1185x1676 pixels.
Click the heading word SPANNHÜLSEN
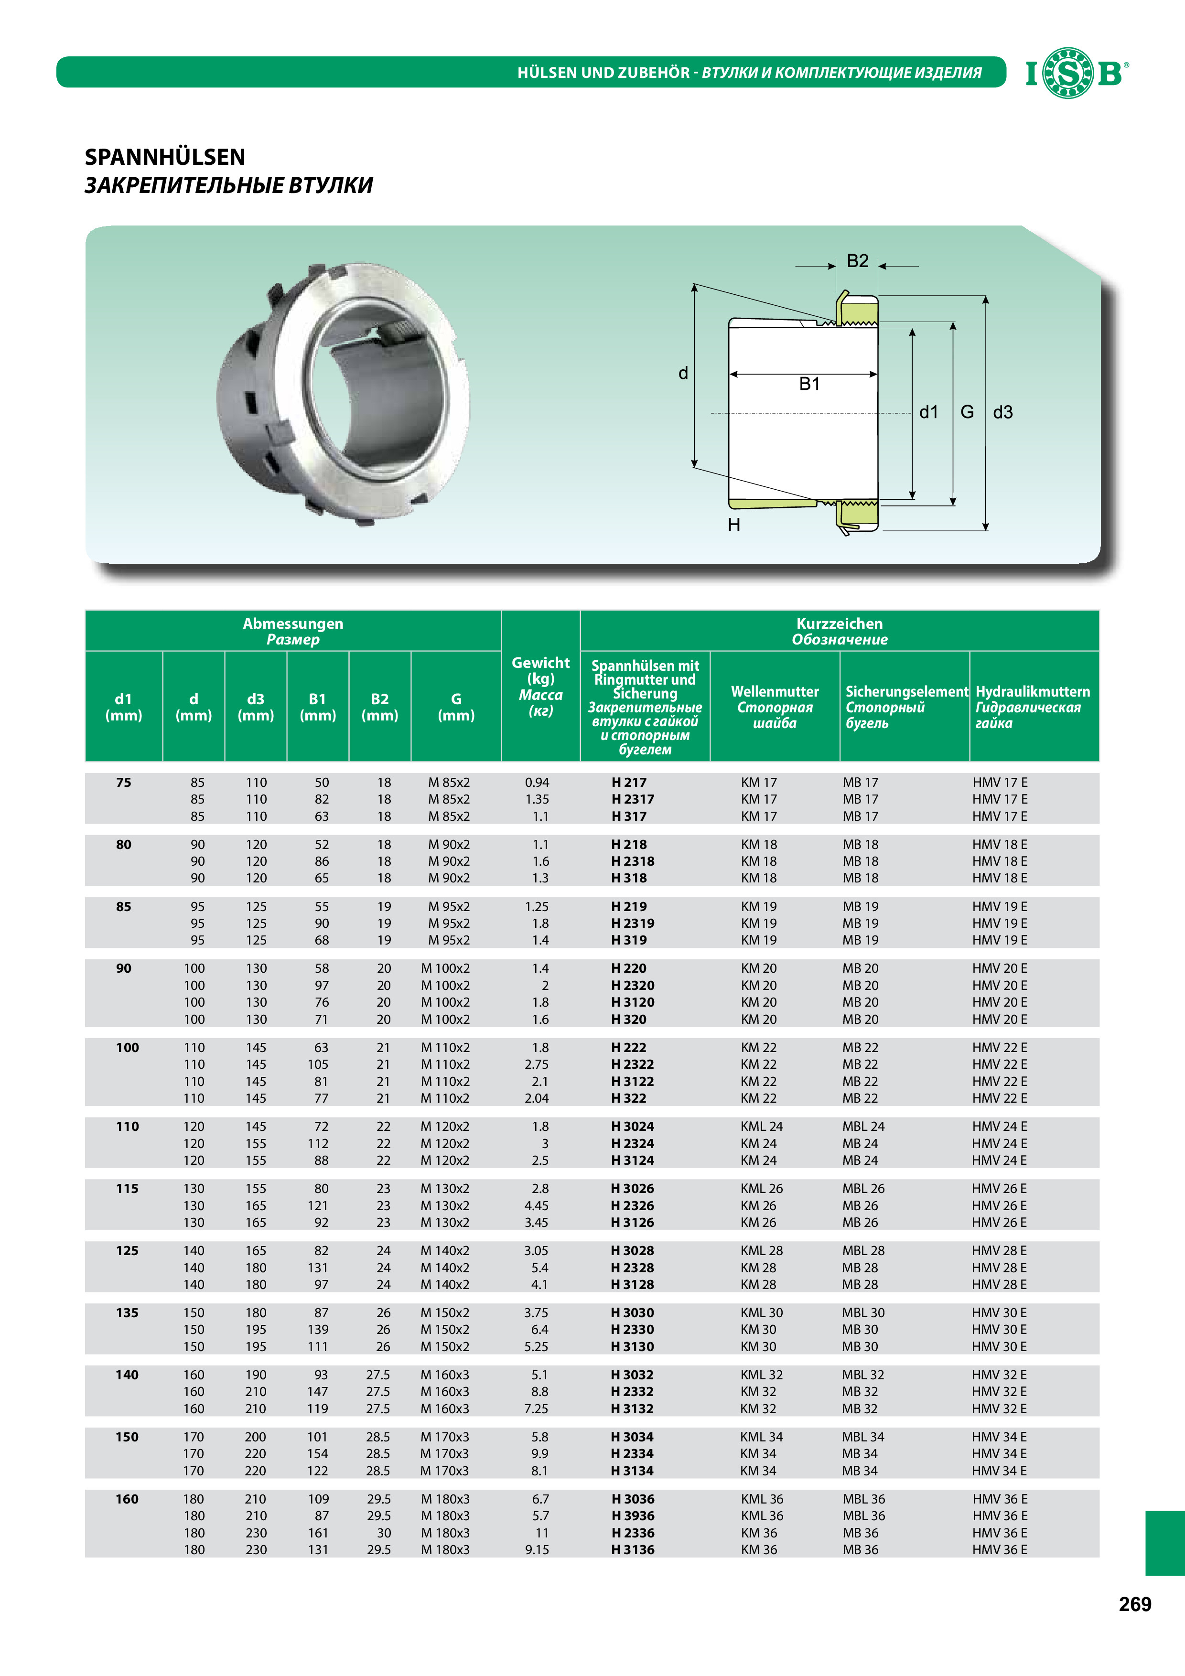(x=165, y=157)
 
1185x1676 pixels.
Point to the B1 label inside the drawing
(x=809, y=384)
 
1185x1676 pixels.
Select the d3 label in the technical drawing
(x=1002, y=412)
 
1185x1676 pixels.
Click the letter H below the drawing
(x=734, y=525)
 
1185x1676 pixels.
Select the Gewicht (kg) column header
(x=540, y=686)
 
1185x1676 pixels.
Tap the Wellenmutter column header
(x=775, y=707)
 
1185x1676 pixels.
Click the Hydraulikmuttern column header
(x=1033, y=707)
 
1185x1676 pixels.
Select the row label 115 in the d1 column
(x=127, y=1188)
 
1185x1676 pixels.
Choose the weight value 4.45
(x=537, y=1206)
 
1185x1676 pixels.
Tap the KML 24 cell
(x=762, y=1127)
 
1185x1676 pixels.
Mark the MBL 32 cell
(x=863, y=1375)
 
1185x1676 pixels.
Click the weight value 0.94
(x=537, y=783)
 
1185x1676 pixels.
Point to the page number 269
(x=1135, y=1604)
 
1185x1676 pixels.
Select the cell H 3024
(x=632, y=1127)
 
